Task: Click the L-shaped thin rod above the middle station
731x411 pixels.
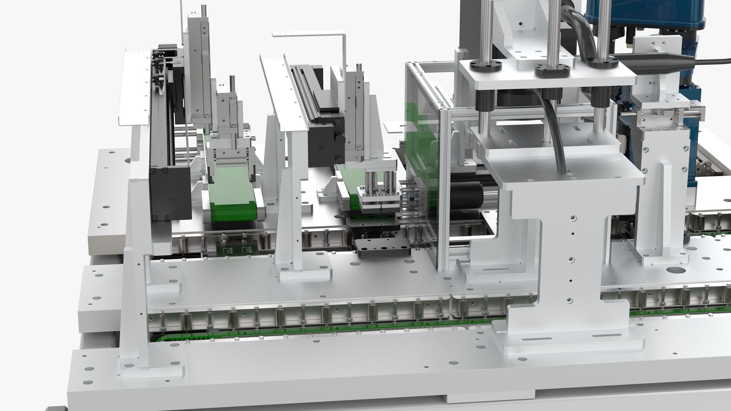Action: click(x=335, y=36)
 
